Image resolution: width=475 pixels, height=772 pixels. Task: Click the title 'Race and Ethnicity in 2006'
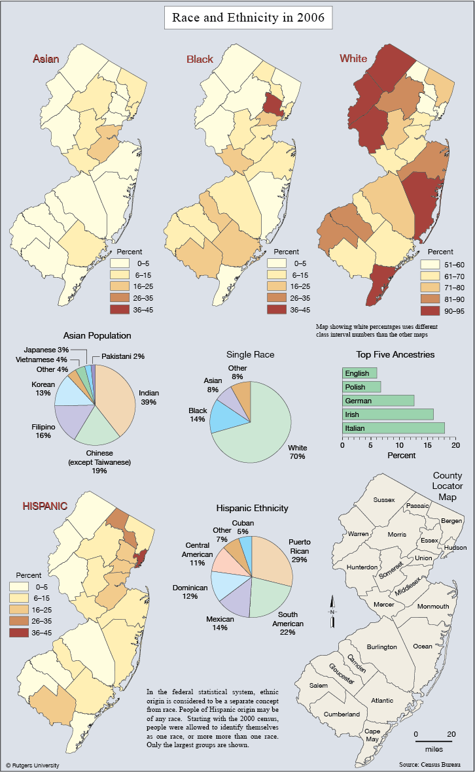pos(249,18)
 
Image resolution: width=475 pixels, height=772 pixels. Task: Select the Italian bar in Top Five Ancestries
pos(393,428)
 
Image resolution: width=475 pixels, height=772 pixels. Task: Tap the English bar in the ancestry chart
pos(360,373)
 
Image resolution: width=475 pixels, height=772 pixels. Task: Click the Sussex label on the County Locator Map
pos(384,499)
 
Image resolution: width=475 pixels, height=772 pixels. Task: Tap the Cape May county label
pos(372,735)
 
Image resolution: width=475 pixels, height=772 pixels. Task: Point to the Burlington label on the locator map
pos(381,646)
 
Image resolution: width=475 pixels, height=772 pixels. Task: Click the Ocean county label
pos(422,646)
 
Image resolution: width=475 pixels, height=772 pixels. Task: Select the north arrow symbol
pos(332,611)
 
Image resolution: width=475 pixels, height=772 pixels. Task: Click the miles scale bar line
pos(434,741)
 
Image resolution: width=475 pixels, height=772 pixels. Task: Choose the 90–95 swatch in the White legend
pos(430,311)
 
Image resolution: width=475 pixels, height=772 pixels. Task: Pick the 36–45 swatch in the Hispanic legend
pos(19,633)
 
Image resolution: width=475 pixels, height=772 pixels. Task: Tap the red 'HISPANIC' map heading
pos(45,506)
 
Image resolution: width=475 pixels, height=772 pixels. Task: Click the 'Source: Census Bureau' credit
pos(430,764)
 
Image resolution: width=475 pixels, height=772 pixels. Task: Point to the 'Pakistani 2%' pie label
pos(123,356)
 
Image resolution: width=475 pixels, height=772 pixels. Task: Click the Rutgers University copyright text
pos(33,765)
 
